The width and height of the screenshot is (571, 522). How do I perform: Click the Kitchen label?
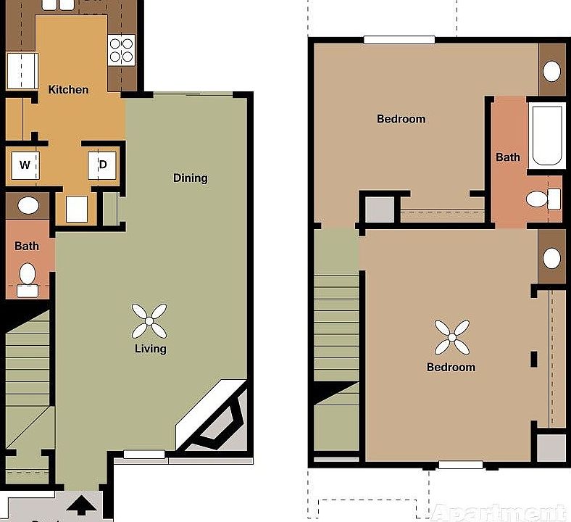click(68, 90)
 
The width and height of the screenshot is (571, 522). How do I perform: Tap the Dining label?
click(190, 178)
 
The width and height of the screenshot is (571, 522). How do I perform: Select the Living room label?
click(150, 349)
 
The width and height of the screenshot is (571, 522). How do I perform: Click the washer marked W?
click(25, 165)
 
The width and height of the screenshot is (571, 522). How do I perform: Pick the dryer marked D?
click(103, 165)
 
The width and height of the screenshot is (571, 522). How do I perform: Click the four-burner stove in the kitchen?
click(121, 49)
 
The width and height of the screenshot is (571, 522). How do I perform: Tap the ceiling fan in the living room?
click(149, 320)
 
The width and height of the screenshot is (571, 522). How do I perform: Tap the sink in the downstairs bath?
click(28, 205)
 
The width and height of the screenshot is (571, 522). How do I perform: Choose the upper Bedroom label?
click(401, 119)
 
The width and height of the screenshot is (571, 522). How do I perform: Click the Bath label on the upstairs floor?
click(507, 157)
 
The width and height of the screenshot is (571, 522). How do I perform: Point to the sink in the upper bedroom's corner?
click(552, 71)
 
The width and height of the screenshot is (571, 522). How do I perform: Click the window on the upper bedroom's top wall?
click(399, 40)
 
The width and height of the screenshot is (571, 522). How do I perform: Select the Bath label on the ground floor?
click(27, 246)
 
